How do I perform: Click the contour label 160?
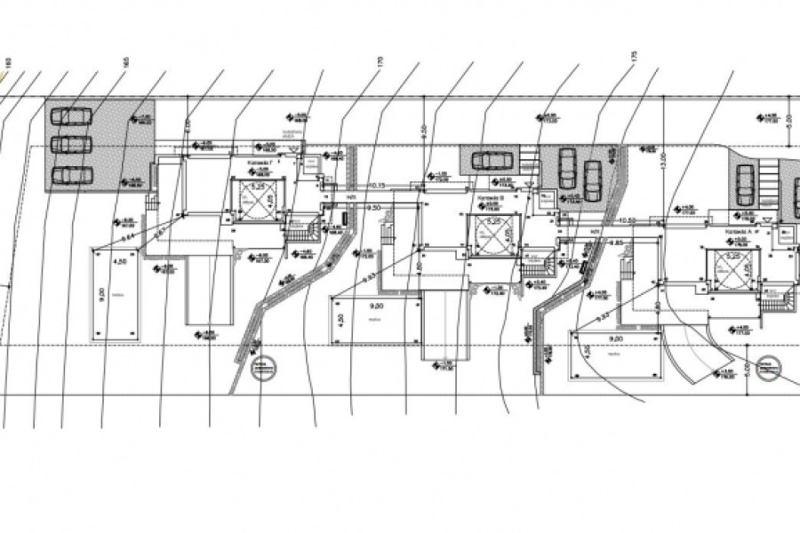point(7,62)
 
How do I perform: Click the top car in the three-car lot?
point(71,115)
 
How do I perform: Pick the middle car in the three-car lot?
point(71,144)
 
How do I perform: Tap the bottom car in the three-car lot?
point(71,174)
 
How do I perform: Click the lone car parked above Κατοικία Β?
point(490,161)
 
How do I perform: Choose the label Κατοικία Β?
point(491,198)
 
